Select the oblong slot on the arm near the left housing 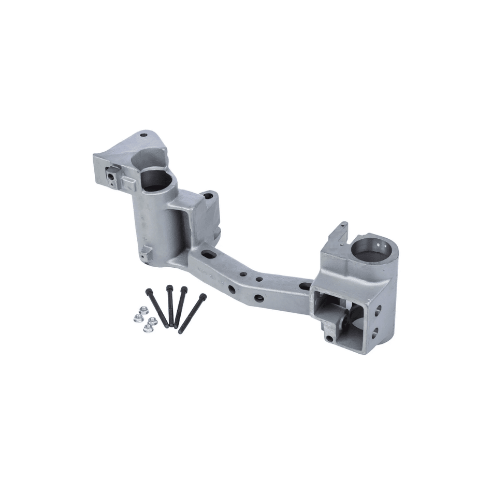click(209, 254)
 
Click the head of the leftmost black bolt click(149, 291)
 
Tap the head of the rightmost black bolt click(202, 296)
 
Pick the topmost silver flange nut click(144, 310)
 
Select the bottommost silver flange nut click(148, 328)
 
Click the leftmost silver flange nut click(138, 318)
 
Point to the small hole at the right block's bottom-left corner click(329, 339)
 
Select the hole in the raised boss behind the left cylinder click(208, 196)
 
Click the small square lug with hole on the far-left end click(111, 176)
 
